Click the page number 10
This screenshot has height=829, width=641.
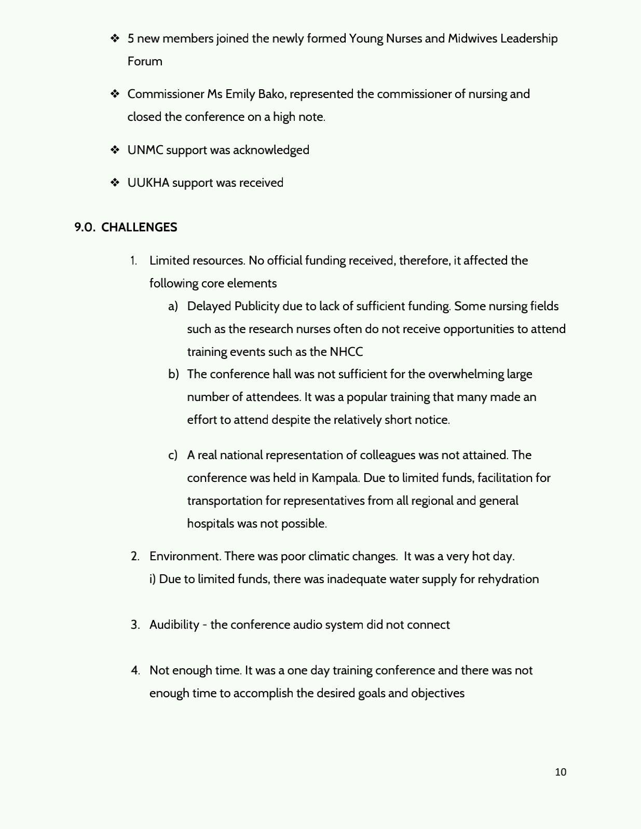(561, 772)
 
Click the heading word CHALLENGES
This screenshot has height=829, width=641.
(139, 227)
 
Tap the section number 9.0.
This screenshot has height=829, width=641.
(85, 227)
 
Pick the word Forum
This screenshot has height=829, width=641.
(145, 61)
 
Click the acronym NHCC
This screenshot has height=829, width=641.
(346, 352)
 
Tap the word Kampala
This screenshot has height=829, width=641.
(335, 478)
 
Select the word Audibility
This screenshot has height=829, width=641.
(174, 625)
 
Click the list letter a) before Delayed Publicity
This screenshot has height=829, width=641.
(173, 306)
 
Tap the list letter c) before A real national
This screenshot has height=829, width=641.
(173, 455)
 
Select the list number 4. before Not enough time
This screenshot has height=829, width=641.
(135, 670)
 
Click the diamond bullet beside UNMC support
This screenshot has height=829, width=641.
(115, 150)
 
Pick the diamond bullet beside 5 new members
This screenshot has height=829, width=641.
(115, 38)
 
